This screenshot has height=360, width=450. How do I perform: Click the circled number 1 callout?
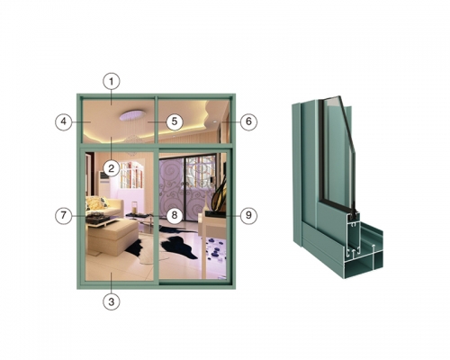pyautogui.click(x=112, y=81)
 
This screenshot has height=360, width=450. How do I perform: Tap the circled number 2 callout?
pyautogui.click(x=112, y=168)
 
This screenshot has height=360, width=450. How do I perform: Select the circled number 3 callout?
pyautogui.click(x=112, y=301)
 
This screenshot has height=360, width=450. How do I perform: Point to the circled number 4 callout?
pyautogui.click(x=64, y=121)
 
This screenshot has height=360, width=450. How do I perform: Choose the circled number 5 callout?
pyautogui.click(x=175, y=121)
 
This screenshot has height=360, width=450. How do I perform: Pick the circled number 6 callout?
pyautogui.click(x=248, y=121)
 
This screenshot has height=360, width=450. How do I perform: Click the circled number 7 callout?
pyautogui.click(x=64, y=215)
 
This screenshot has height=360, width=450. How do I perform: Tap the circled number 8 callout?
pyautogui.click(x=175, y=215)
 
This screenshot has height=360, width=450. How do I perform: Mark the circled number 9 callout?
pyautogui.click(x=248, y=215)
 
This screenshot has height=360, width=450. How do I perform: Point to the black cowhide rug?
pyautogui.click(x=168, y=245)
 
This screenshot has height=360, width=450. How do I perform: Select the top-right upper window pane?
pyautogui.click(x=193, y=121)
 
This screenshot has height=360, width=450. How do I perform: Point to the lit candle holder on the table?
pyautogui.click(x=135, y=208)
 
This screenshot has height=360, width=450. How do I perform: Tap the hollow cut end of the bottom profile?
pyautogui.click(x=364, y=249)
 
